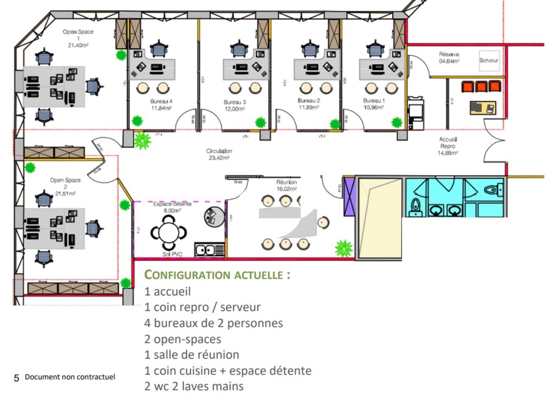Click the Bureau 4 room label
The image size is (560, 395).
coord(161,101)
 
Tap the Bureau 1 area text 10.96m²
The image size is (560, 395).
coord(374,107)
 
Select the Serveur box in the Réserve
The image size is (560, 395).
coord(489,61)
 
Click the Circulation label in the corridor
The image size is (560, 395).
coord(219,151)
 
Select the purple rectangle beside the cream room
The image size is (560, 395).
coord(349,197)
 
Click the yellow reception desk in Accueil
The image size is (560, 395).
coord(483,108)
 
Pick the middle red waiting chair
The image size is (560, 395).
coord(481,86)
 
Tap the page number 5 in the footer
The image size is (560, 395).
coord(16,378)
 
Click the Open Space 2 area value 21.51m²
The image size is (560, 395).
coord(65,193)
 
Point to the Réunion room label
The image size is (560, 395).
coord(286,182)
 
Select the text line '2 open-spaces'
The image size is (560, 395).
coord(183,339)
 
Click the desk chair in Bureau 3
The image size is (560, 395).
coord(239,49)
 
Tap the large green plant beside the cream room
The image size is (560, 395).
coord(343,248)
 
